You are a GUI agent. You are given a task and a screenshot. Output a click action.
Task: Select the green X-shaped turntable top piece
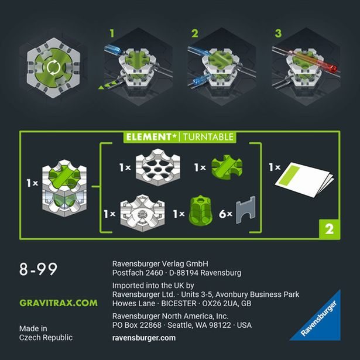click(225, 168)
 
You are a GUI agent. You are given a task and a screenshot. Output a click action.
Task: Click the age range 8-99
click(38, 270)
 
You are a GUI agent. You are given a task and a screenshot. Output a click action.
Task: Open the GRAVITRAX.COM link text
click(58, 303)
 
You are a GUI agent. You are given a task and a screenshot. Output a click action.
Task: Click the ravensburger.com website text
click(143, 338)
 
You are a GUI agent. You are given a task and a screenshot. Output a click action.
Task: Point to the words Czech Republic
click(46, 338)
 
